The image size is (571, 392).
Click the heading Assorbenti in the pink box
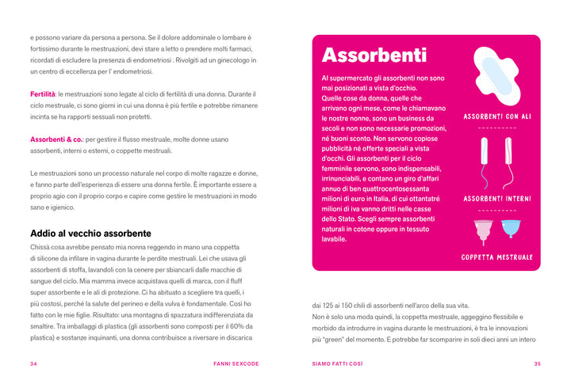point(374,55)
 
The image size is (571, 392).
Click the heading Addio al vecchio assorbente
point(90,234)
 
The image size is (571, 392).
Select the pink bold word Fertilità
point(43,94)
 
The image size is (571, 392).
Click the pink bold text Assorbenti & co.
point(56,139)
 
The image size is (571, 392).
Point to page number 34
point(34,364)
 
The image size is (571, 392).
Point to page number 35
point(537,364)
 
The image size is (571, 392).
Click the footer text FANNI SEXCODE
point(236,364)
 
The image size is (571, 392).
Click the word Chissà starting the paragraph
point(40,248)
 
